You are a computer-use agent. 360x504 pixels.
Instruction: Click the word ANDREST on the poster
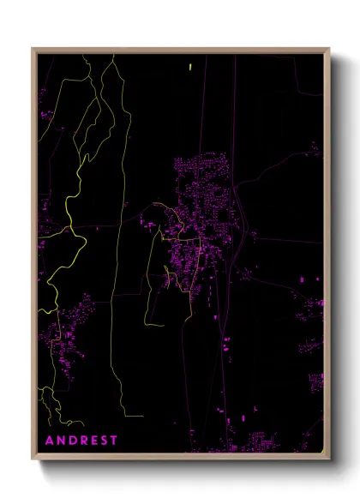(x=81, y=441)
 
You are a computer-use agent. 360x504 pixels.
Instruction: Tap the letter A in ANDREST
(x=49, y=441)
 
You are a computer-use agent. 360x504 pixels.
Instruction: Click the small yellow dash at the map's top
(x=190, y=65)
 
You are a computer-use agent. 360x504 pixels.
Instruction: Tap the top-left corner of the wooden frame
(x=33, y=49)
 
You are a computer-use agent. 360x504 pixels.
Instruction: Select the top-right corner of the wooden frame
(x=330, y=49)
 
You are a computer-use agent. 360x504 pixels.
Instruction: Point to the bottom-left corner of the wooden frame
(x=33, y=460)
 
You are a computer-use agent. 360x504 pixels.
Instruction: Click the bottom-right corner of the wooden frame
(x=330, y=460)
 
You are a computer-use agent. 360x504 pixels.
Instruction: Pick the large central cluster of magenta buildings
(x=201, y=214)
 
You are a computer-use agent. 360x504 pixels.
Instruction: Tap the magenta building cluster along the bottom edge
(x=266, y=441)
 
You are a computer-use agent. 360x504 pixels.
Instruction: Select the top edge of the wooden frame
(x=180, y=50)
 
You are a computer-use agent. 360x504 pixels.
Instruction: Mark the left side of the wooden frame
(x=34, y=257)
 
